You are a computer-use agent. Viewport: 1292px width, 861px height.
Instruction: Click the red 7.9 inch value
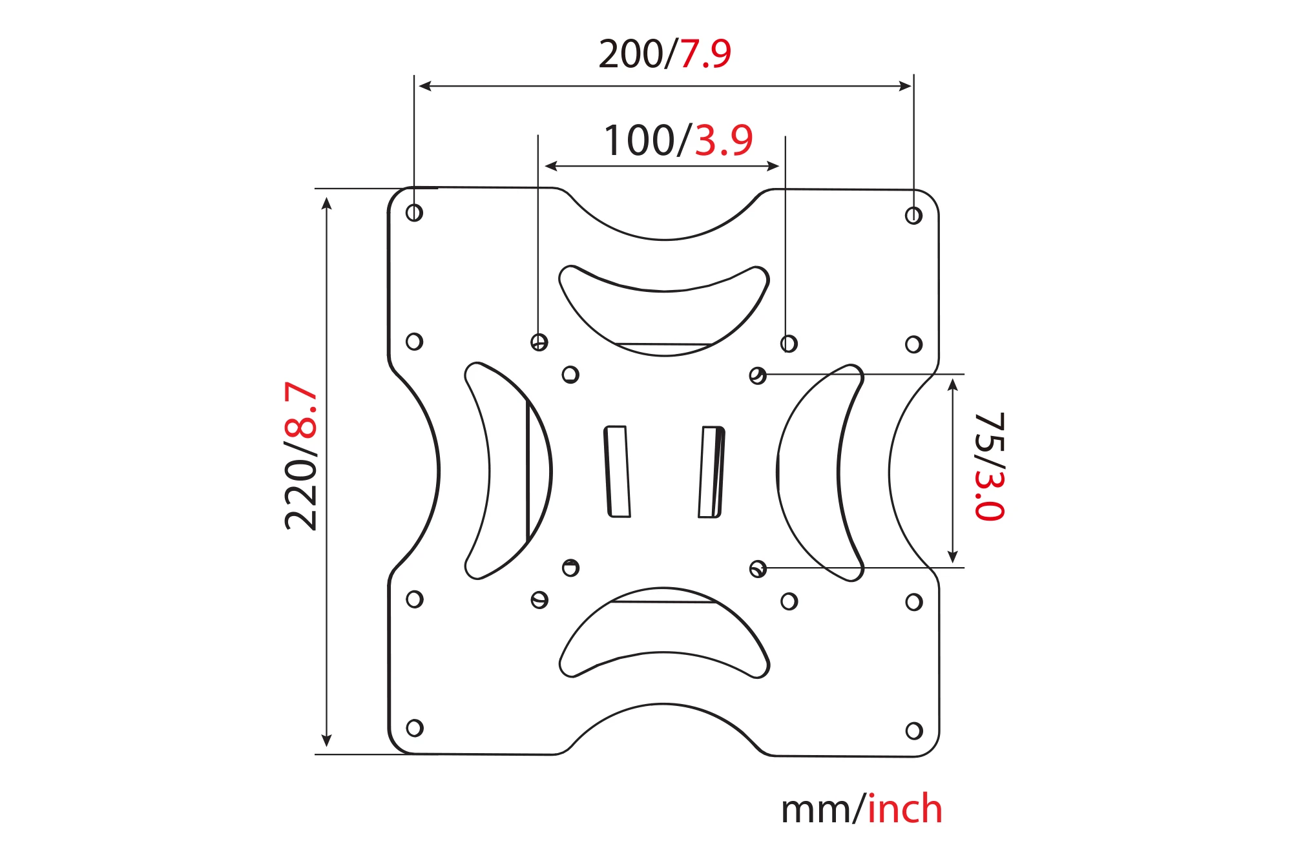[705, 54]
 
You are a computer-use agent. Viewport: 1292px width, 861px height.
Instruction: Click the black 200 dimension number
[630, 54]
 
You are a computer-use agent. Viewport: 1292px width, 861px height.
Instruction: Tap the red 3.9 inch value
[724, 140]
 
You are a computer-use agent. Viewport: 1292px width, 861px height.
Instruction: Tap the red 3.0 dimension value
[990, 495]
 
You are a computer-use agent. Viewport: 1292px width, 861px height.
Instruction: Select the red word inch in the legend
[904, 809]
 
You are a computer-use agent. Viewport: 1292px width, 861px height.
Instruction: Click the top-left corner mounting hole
[414, 213]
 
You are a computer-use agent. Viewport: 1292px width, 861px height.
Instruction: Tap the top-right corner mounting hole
[913, 215]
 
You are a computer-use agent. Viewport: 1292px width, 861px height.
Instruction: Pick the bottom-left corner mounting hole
[415, 728]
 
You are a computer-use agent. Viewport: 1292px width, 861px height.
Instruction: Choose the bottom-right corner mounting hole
[914, 731]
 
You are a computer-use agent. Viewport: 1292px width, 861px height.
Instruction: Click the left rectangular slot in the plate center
[617, 472]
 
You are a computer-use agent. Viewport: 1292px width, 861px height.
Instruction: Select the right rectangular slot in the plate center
[711, 472]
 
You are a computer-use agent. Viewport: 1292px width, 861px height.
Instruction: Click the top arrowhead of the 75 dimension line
[952, 386]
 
